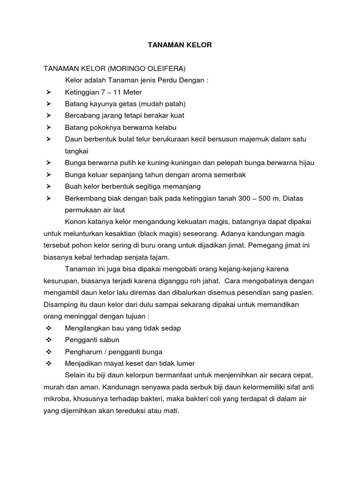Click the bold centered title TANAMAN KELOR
point(180,45)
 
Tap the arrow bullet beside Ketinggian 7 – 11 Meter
point(49,92)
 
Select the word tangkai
point(76,151)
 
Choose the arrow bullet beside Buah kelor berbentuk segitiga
point(49,187)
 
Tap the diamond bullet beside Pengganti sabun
point(49,340)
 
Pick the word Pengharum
point(82,352)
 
